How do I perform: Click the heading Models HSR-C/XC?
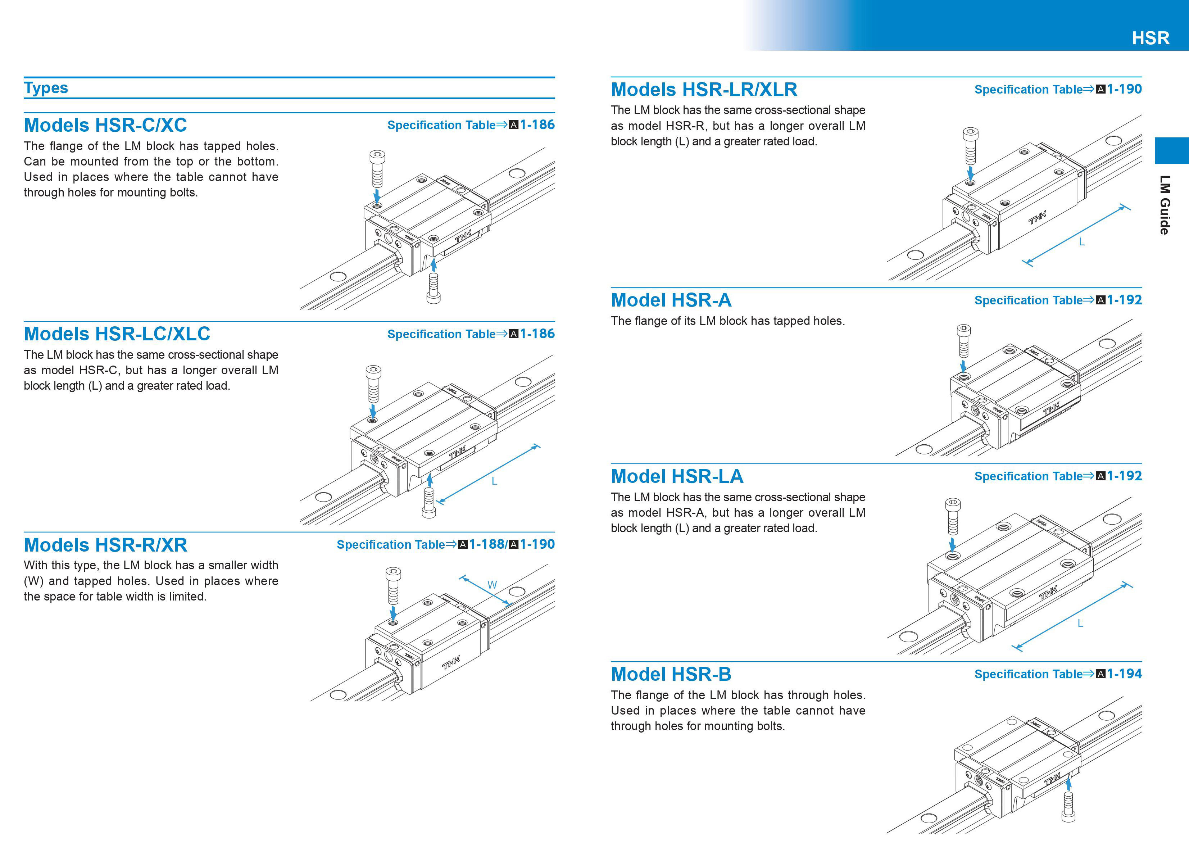(105, 125)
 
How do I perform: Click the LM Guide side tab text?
(1165, 204)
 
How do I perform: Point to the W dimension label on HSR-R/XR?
(492, 585)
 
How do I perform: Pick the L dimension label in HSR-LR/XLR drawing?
(1081, 242)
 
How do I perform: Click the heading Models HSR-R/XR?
(105, 545)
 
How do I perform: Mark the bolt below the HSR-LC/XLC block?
(428, 503)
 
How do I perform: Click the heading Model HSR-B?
(671, 674)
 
